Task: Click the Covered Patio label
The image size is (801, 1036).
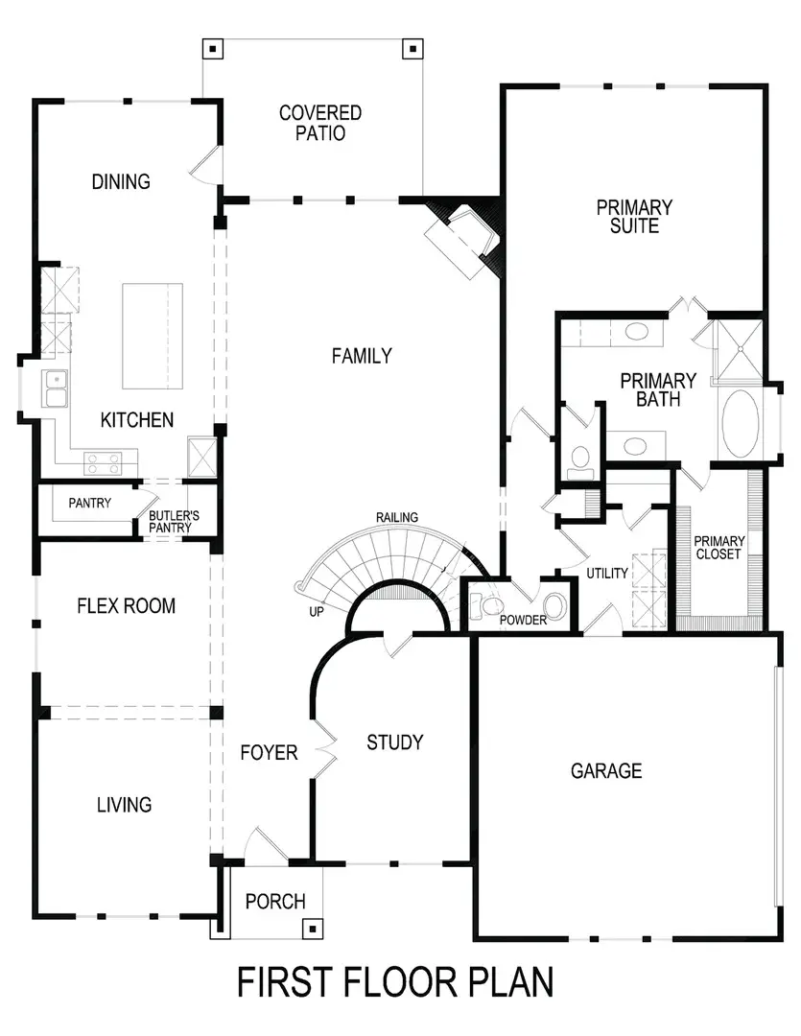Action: (x=319, y=124)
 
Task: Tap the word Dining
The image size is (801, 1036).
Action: (x=122, y=181)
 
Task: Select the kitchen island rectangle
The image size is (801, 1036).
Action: (x=153, y=336)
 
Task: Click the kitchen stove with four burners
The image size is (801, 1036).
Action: (x=103, y=463)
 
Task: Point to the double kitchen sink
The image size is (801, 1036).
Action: (x=55, y=389)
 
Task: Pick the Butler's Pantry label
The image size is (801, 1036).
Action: (x=174, y=521)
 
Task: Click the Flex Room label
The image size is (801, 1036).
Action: (x=126, y=606)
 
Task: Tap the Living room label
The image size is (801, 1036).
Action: (x=124, y=804)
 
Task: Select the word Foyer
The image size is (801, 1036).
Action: (x=269, y=753)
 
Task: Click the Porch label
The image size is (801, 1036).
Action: (x=275, y=902)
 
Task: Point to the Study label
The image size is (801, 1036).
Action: (x=394, y=742)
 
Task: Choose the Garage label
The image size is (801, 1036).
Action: (x=605, y=770)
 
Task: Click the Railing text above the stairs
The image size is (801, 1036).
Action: (x=396, y=518)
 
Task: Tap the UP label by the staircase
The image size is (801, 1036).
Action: (x=316, y=611)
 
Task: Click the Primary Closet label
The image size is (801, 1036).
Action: (x=719, y=547)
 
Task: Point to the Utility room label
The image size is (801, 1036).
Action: (x=607, y=574)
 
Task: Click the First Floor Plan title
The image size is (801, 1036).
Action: (x=395, y=982)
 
